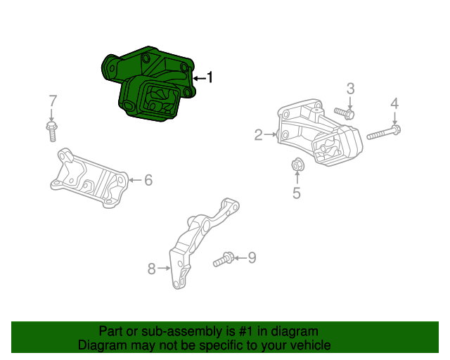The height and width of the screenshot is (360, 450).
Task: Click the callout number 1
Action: tap(209, 78)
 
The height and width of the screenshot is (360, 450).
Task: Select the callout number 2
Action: tap(259, 134)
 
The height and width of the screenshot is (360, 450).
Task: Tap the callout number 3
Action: tap(350, 89)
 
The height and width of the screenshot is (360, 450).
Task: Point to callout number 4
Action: tap(394, 104)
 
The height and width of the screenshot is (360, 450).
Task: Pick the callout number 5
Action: tap(296, 193)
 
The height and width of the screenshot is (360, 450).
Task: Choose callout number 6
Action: tap(148, 180)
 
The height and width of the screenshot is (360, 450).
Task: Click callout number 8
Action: tap(151, 268)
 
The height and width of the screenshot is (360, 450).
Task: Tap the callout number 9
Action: tap(252, 258)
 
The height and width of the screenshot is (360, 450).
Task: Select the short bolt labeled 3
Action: tap(345, 112)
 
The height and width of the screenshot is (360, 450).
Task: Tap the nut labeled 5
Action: tap(296, 166)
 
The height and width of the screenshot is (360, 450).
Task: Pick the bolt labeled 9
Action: tap(224, 259)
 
